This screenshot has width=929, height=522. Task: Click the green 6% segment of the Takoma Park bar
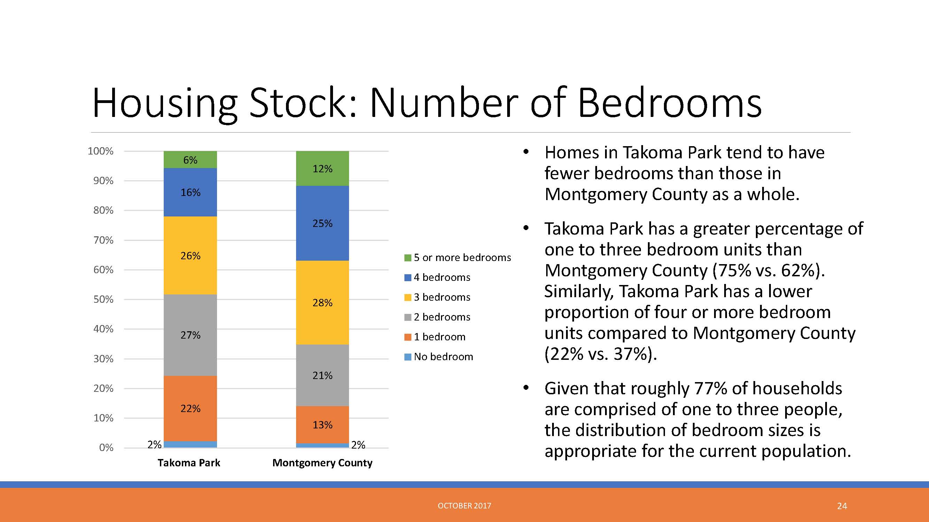190,160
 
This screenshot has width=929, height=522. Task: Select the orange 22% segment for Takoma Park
190,409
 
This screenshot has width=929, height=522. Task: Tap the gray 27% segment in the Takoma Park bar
190,335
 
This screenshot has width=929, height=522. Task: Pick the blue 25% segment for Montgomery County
323,223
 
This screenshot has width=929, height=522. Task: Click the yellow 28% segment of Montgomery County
323,303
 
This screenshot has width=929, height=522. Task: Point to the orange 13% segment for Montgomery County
323,425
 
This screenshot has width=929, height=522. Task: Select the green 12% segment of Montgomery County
323,168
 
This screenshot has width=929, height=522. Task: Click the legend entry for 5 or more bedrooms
458,258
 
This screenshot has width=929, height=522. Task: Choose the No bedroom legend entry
439,357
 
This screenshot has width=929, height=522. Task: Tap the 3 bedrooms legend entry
438,297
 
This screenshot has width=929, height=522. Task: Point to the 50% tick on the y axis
103,299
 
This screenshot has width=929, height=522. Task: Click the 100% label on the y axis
101,151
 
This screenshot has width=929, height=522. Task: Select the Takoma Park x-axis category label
189,463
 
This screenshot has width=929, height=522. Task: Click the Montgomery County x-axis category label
323,463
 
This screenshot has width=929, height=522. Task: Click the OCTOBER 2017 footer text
465,506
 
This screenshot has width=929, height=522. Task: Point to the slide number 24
842,506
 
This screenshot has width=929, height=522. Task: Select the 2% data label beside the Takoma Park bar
154,444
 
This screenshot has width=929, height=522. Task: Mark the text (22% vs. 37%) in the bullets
601,354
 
